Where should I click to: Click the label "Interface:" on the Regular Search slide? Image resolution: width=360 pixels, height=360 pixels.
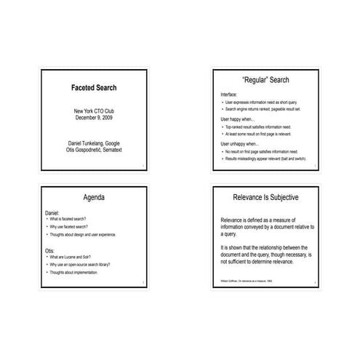228,95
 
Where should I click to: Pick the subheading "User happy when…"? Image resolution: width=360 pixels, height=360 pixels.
237,119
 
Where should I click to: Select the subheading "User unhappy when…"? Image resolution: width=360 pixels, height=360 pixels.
239,143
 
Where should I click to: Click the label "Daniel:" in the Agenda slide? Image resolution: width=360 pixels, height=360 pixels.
52,212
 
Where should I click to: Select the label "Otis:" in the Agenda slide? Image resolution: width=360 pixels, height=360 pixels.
49,251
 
